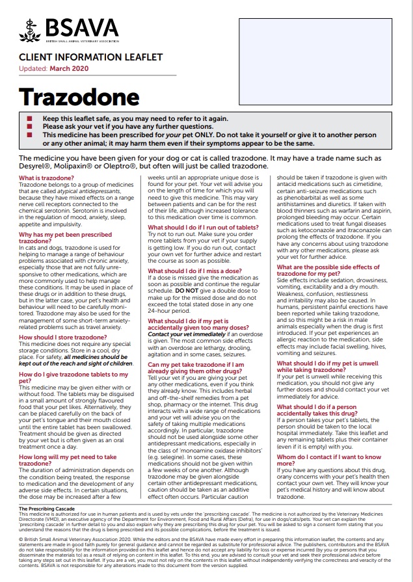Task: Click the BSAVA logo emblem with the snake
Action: (x=29, y=30)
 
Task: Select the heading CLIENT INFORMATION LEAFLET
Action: (x=90, y=58)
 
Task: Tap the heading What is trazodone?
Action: (x=46, y=178)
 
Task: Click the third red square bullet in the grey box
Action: (x=29, y=135)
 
